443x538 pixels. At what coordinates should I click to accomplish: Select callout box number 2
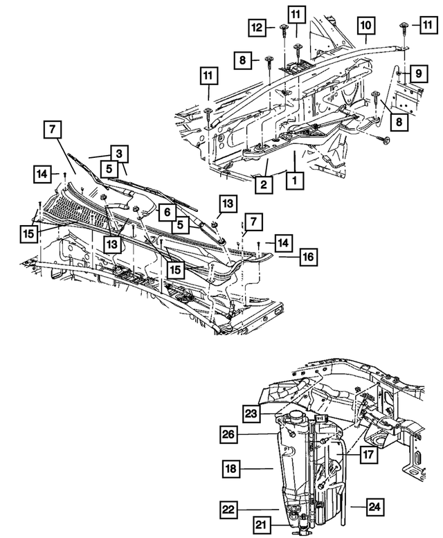(x=264, y=184)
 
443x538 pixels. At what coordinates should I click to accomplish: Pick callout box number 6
(x=166, y=212)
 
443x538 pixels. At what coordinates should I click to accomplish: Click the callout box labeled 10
(x=366, y=27)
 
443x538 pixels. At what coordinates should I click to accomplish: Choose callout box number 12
(x=257, y=28)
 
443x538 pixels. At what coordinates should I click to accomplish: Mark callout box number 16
(x=308, y=257)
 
